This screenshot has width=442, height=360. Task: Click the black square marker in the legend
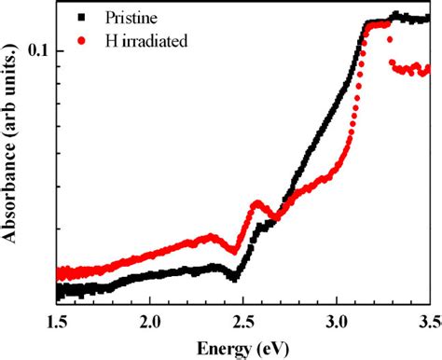coord(83,17)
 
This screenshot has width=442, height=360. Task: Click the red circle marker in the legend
coord(83,40)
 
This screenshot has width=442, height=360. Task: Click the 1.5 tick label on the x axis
coord(57,323)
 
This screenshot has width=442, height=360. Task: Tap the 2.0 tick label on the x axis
coord(150,323)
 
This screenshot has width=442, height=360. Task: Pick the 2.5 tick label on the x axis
coord(243,323)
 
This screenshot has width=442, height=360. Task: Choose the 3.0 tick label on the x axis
coord(337,323)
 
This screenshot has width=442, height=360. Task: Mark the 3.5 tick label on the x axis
coord(428,323)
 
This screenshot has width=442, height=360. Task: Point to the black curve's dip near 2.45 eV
coord(234,277)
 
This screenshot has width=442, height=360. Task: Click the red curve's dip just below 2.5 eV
coord(235,250)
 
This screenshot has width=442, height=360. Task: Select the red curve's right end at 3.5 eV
coord(427,69)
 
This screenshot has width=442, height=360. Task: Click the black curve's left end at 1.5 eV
coord(58,292)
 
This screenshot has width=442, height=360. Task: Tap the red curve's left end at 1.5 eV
coord(58,273)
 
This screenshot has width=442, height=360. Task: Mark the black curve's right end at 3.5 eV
coord(427,18)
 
